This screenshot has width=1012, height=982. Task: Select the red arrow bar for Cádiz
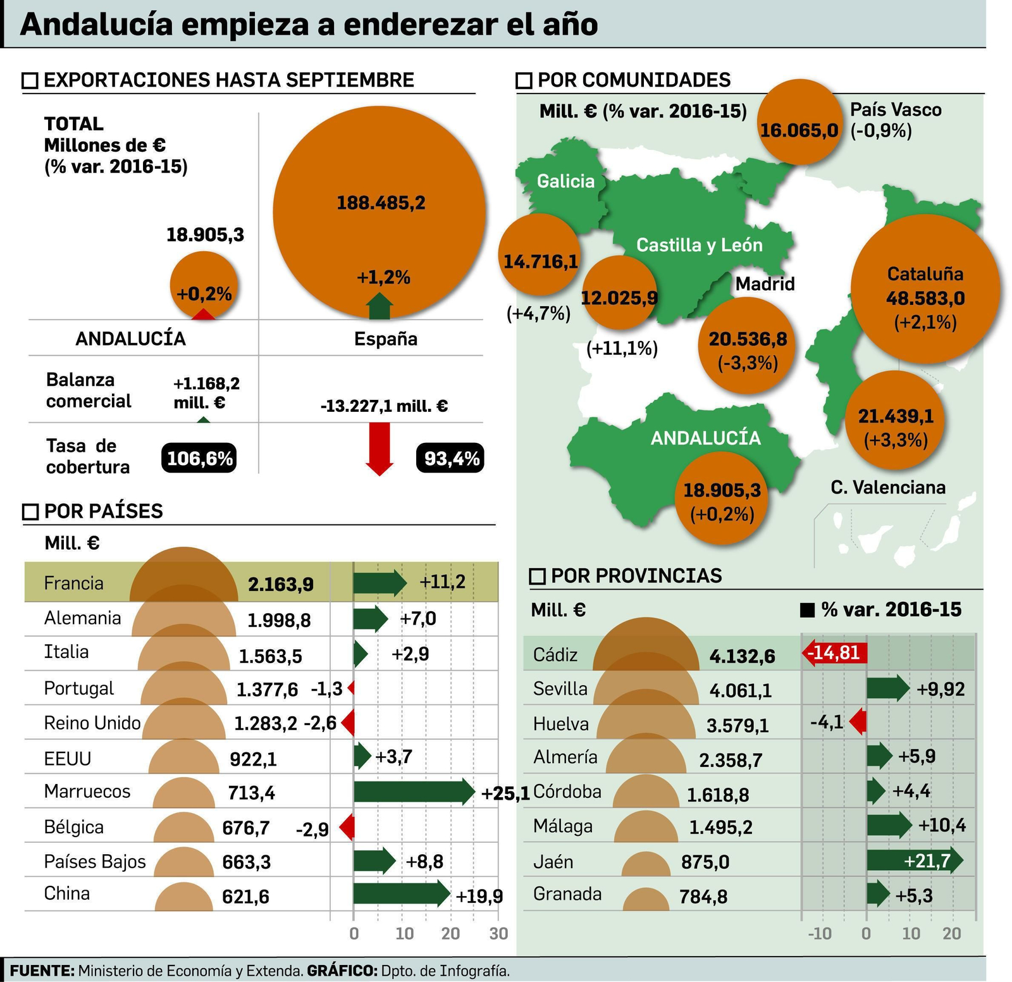834,652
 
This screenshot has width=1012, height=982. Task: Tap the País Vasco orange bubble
799,123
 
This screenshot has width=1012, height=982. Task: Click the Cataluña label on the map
925,274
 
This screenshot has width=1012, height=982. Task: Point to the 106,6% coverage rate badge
199,457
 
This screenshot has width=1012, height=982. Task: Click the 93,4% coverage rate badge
450,457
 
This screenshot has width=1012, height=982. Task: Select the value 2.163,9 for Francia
281,584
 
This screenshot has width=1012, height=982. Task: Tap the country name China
67,893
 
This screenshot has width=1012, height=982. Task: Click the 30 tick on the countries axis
498,933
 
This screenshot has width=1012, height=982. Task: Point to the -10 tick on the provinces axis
820,933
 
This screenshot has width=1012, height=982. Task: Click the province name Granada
567,894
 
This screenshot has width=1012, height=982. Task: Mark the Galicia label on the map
565,182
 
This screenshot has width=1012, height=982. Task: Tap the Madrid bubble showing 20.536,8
748,345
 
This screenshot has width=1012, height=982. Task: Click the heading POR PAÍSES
104,511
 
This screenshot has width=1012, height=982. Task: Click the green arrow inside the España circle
379,306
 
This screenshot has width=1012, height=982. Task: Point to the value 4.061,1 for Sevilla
741,690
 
